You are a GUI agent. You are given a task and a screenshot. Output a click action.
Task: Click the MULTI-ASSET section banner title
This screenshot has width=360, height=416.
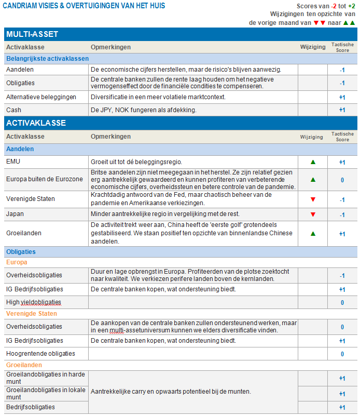[x=32, y=34]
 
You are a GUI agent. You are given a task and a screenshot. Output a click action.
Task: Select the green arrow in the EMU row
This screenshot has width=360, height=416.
[x=313, y=162]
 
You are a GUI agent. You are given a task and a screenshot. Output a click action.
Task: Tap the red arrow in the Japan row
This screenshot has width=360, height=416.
[x=313, y=214]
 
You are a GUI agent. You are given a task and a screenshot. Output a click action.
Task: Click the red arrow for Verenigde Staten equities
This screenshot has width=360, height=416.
[x=313, y=199]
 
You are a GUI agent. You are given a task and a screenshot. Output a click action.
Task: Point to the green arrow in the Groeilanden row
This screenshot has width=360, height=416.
[x=313, y=234]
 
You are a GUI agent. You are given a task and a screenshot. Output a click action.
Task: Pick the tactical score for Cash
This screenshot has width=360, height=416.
[x=342, y=110]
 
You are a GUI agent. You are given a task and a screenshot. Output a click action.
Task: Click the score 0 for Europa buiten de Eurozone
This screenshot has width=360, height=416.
[x=342, y=180]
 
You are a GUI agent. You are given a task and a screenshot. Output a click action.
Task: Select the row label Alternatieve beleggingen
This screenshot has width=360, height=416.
[x=41, y=97]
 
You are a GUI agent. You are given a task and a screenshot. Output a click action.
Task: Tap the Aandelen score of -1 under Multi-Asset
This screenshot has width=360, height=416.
[x=342, y=70]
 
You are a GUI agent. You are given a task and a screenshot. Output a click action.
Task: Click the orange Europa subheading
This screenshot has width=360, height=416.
[x=17, y=262]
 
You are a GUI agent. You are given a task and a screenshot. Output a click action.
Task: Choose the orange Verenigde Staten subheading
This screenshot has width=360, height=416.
[x=32, y=314]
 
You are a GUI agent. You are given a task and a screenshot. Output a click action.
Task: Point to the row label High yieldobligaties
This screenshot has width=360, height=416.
[x=33, y=302]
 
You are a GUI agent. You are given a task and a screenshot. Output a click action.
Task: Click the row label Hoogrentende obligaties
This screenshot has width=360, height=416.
[x=40, y=354]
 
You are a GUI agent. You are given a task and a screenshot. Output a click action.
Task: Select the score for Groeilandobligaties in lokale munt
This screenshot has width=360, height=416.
[x=342, y=394]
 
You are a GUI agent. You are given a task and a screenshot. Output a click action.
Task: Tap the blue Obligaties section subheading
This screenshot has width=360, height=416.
[x=21, y=252]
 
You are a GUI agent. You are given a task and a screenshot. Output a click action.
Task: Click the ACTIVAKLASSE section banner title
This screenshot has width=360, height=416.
[x=36, y=123]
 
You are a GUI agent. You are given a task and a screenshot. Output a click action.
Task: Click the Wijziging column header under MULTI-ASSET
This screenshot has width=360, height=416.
[x=313, y=47]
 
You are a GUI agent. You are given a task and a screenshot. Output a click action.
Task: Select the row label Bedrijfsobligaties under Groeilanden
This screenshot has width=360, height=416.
[x=30, y=407]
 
